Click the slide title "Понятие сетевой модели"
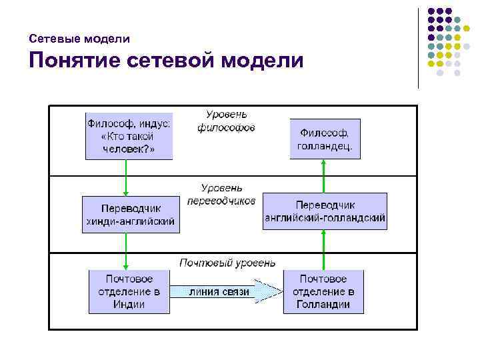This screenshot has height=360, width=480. tap(165, 61)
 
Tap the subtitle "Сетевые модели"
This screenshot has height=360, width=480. tap(79, 39)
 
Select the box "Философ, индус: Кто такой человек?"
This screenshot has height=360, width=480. tap(129, 135)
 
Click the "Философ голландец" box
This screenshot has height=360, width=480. tap(325, 139)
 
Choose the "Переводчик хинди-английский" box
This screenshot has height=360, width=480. tap(131, 214)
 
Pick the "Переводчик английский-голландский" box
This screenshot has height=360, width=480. tap(325, 211)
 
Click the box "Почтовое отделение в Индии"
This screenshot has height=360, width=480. tap(129, 291)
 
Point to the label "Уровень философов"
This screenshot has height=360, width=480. tap(226, 121)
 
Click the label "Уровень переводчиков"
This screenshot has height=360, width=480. tap(221, 194)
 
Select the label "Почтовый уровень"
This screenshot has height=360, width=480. tap(227, 263)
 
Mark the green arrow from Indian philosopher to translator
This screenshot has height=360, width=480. tap(125, 177)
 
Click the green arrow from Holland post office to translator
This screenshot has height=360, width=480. tap(324, 249)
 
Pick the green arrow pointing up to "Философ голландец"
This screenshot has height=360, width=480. tap(324, 176)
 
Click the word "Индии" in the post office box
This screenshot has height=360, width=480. tap(129, 305)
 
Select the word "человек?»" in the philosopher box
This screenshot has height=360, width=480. tap(129, 149)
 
